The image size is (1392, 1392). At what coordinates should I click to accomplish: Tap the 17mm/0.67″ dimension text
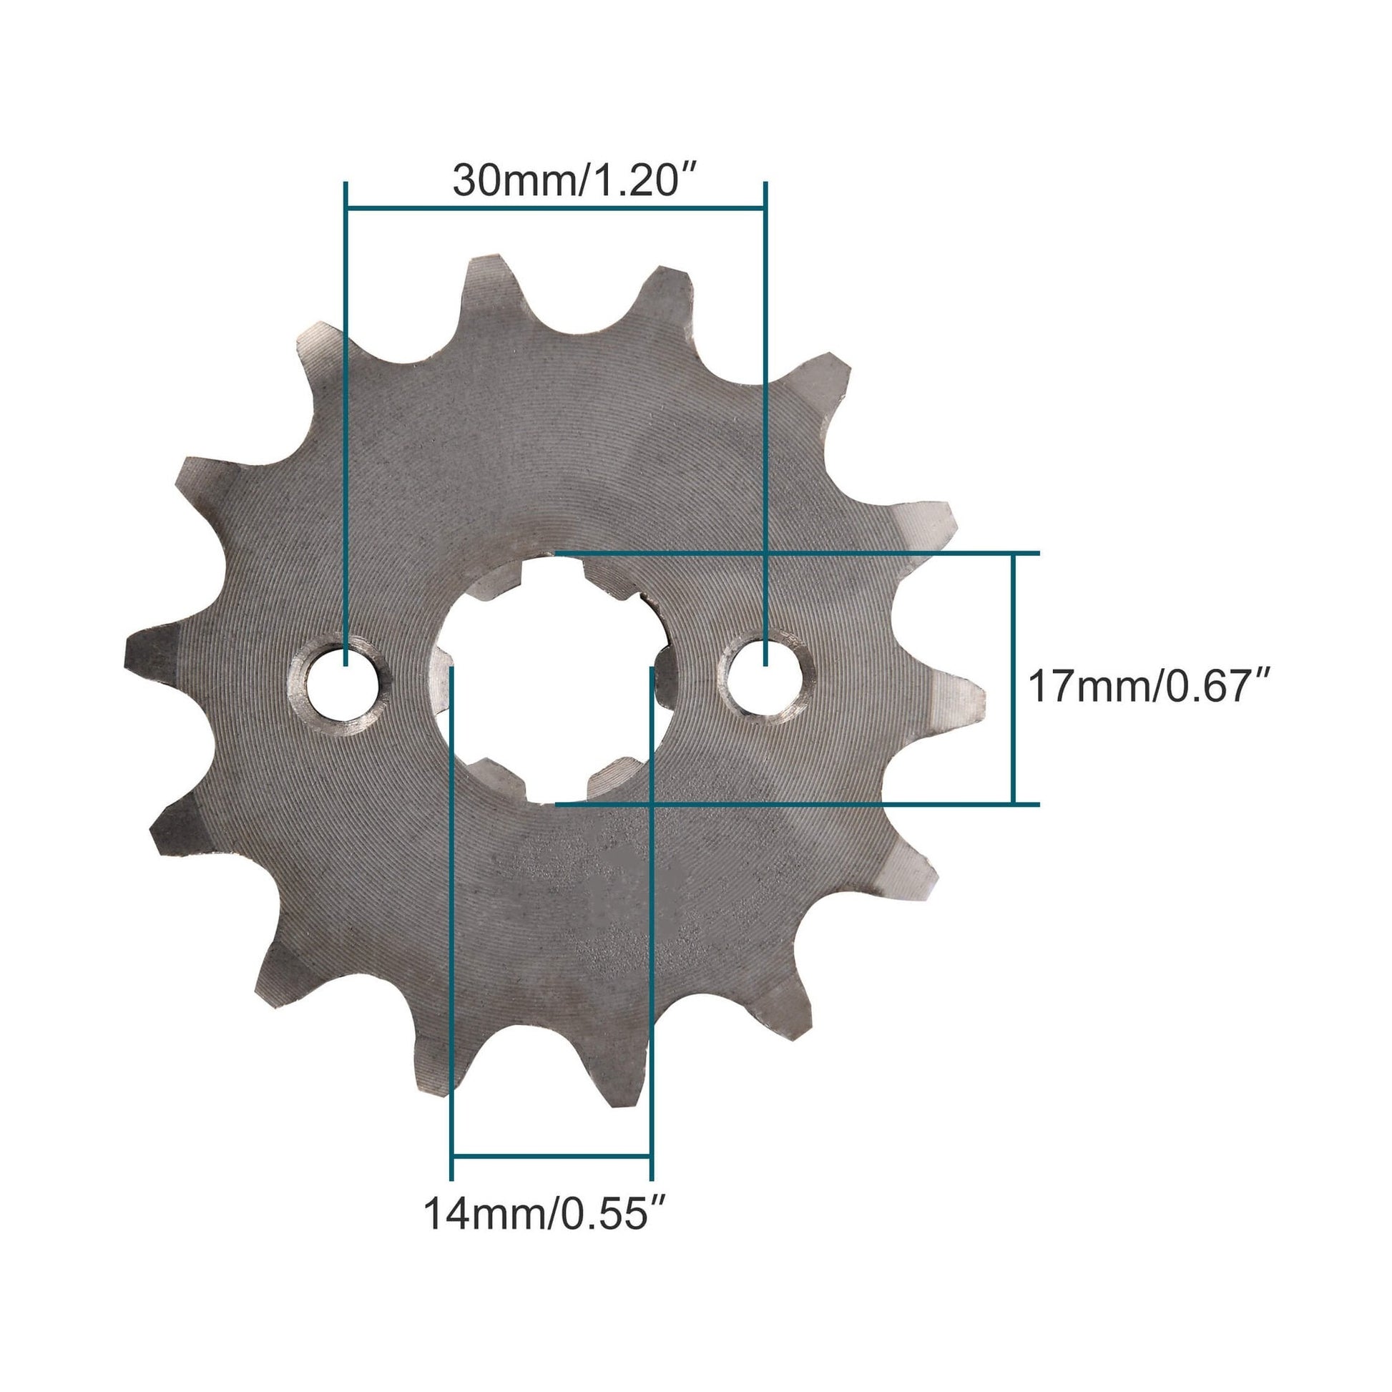[1147, 687]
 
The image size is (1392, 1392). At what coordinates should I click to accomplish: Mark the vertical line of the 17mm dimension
[1014, 677]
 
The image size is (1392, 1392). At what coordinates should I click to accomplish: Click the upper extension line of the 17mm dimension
[793, 554]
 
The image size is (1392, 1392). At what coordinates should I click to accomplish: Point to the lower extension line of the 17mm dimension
[793, 803]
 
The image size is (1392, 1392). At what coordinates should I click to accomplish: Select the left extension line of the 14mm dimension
[453, 936]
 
